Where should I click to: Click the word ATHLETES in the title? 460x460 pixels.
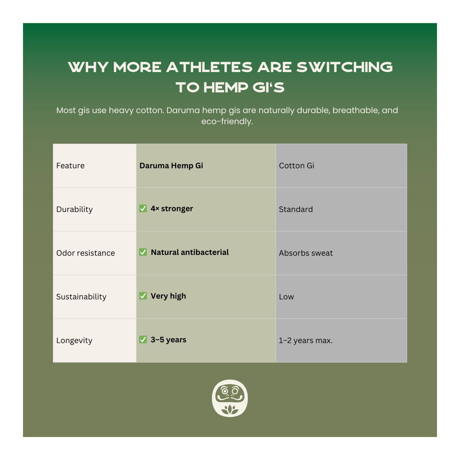(x=209, y=67)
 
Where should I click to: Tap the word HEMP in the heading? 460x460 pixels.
(x=225, y=87)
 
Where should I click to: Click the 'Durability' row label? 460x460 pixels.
(x=74, y=209)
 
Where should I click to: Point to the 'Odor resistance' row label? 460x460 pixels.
(x=85, y=253)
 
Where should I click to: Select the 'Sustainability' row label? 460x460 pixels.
(x=81, y=297)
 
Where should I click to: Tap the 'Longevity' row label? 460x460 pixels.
(x=74, y=340)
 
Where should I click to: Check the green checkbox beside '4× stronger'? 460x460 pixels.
(x=143, y=209)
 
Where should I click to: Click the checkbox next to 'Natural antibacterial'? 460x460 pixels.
(x=143, y=252)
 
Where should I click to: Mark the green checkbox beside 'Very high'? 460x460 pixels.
(x=143, y=296)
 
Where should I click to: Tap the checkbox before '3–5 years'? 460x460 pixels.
(x=143, y=340)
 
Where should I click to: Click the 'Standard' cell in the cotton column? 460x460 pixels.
(x=296, y=209)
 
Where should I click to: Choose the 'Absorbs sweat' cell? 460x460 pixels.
(x=306, y=253)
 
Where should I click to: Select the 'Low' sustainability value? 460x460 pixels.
(x=286, y=297)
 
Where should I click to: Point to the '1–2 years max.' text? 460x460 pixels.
(x=306, y=340)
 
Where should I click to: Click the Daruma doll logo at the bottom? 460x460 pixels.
(x=230, y=398)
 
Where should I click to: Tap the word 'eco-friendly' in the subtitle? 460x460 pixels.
(x=227, y=122)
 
